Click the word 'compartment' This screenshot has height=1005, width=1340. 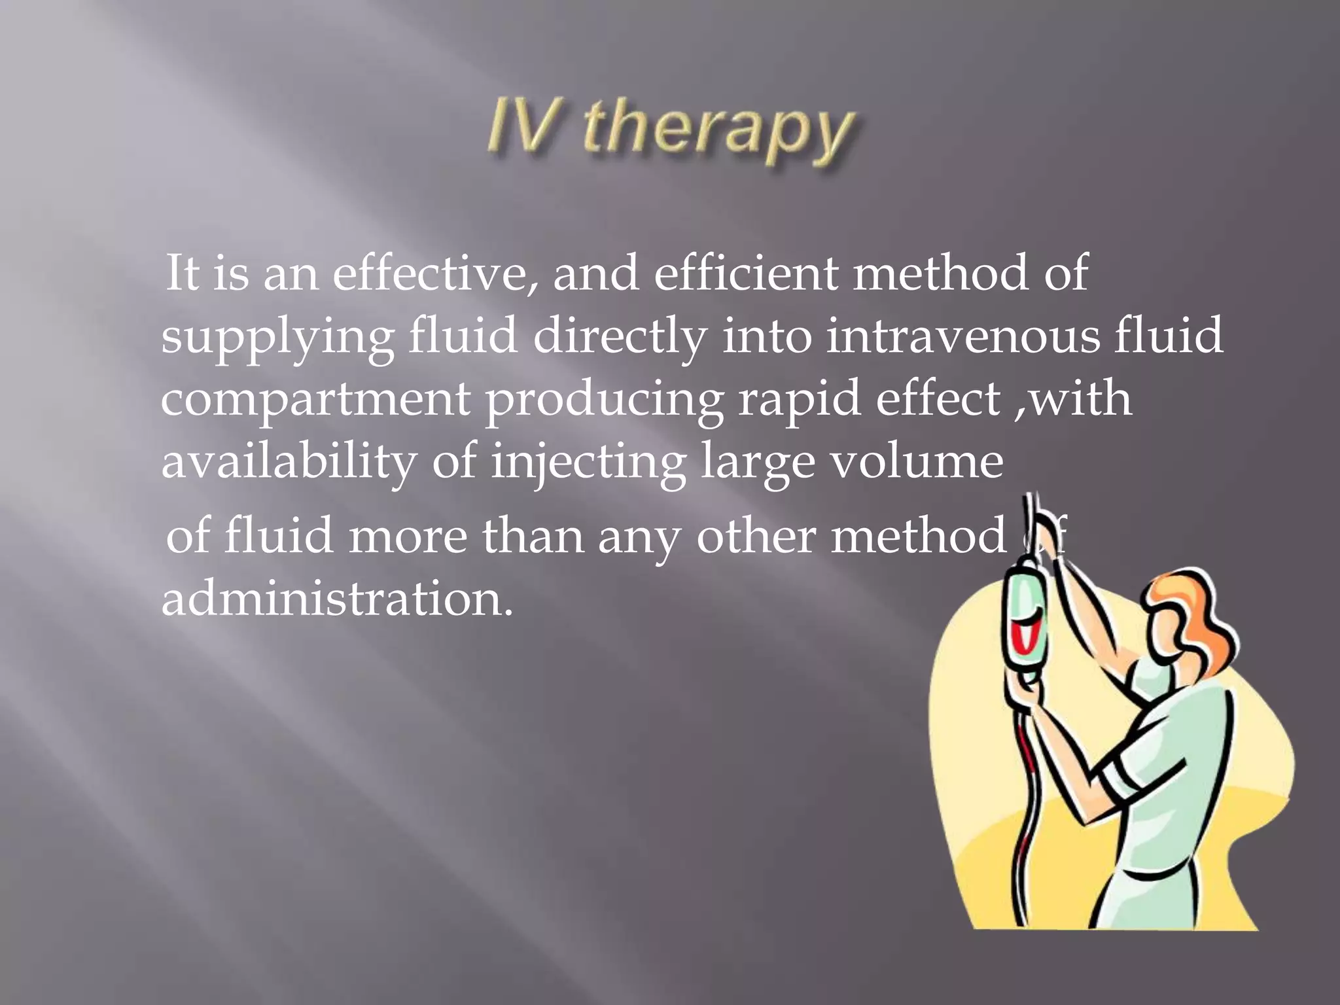pyautogui.click(x=315, y=400)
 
